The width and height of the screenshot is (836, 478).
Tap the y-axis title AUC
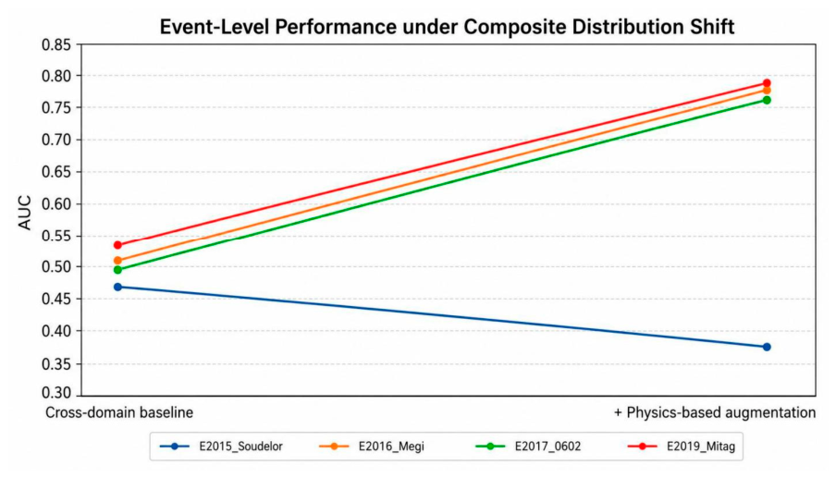click(25, 213)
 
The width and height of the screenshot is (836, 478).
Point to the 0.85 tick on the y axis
click(56, 44)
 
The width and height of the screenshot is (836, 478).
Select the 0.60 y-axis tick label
click(56, 204)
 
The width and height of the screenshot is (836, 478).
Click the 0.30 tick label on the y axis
click(56, 393)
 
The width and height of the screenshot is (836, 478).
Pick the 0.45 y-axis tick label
click(56, 299)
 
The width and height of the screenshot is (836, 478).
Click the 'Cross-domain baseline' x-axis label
click(119, 413)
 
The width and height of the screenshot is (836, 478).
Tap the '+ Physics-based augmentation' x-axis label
click(715, 413)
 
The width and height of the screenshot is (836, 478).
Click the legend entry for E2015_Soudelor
click(221, 446)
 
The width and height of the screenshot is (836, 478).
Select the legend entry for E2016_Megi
click(372, 446)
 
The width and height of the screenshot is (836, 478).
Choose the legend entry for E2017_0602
click(528, 446)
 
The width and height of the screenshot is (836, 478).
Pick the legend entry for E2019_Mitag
click(682, 446)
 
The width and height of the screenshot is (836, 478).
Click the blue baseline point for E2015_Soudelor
click(117, 288)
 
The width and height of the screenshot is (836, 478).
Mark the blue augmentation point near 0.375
click(767, 347)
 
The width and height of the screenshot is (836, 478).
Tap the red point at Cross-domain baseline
click(117, 245)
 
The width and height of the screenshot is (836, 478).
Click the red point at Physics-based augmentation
click(767, 83)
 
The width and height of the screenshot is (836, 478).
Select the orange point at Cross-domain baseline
click(117, 261)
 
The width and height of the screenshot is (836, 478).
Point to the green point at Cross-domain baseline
click(117, 270)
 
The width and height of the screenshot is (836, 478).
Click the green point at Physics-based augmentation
click(767, 100)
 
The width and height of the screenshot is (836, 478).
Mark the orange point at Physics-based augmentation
click(767, 91)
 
